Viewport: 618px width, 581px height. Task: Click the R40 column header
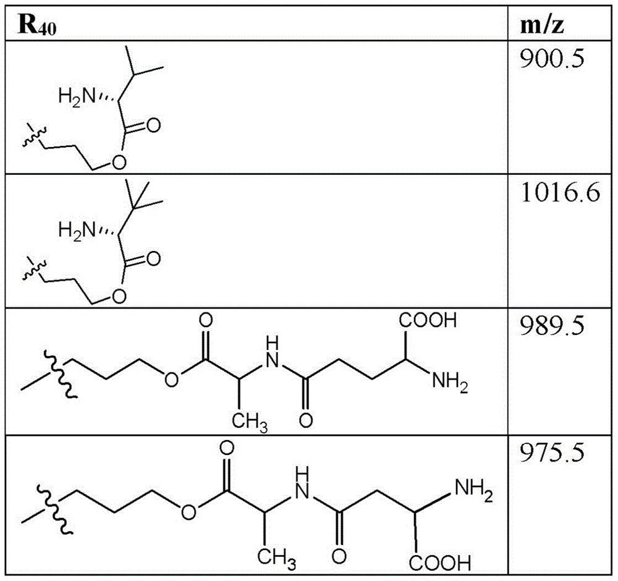pos(38,25)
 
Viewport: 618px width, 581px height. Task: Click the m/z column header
pos(542,25)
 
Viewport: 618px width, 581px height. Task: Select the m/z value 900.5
pos(552,59)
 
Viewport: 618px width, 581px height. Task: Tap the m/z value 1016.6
pos(561,193)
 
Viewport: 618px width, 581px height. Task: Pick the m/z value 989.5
pos(552,326)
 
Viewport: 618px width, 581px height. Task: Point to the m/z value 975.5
pos(552,452)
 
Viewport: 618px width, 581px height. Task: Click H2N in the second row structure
pos(77,230)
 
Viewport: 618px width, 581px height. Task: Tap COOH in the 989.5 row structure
pos(428,320)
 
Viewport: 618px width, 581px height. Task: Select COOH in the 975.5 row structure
pos(440,563)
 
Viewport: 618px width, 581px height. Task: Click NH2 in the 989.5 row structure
pos(450,381)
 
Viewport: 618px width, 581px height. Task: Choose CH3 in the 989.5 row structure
pos(250,422)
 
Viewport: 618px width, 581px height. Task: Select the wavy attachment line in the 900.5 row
pos(35,137)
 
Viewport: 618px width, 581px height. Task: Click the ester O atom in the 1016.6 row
pos(119,296)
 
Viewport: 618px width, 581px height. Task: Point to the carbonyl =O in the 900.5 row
pos(153,125)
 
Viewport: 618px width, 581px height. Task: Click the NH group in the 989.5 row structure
pos(272,352)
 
